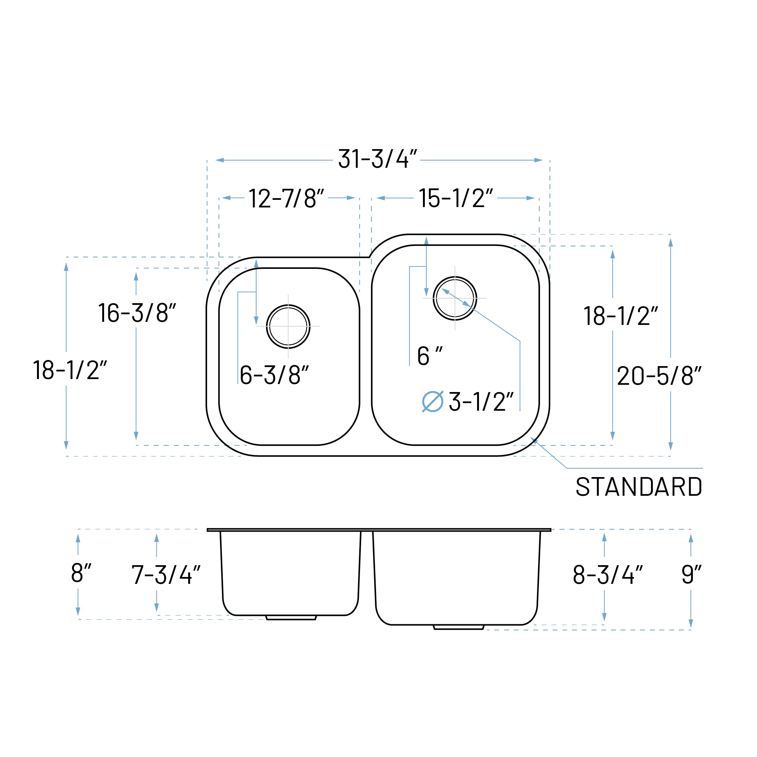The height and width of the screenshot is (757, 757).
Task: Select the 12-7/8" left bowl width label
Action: point(286,198)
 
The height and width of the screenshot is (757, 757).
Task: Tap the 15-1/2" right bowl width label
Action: point(455,198)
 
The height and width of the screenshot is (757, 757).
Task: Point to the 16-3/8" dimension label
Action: point(137,313)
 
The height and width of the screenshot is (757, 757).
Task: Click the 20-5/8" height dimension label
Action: point(659,376)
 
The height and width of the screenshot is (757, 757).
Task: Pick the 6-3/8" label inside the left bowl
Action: point(274,375)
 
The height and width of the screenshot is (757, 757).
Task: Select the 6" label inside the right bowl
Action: point(429,356)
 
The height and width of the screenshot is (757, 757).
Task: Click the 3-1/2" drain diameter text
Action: point(481,402)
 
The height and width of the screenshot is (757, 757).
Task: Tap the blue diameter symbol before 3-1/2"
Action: point(432,402)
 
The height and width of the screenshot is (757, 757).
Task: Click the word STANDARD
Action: point(639,487)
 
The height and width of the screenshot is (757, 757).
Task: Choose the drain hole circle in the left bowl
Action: point(288,326)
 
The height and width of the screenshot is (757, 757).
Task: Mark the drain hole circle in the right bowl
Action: point(455,298)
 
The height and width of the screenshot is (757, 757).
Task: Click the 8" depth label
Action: point(81,573)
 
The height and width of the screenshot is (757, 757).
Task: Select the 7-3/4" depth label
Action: point(166,575)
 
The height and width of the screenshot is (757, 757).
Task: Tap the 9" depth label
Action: point(691,574)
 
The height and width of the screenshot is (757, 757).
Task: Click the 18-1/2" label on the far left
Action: point(70,370)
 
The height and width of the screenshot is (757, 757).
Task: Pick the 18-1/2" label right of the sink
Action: point(620,316)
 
